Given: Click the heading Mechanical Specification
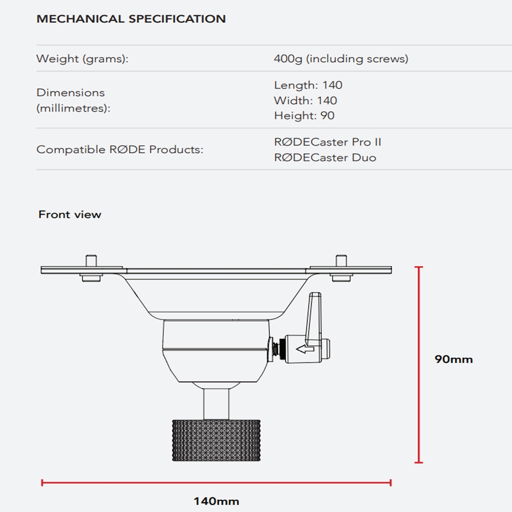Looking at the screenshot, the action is click(131, 19).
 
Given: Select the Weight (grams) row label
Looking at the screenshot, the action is click(82, 59).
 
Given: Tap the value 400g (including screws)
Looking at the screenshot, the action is click(341, 59).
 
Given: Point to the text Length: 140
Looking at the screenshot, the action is click(308, 85).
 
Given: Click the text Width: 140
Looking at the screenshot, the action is click(305, 100).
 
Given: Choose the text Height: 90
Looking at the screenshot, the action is click(304, 116).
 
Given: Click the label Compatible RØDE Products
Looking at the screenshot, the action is click(120, 150).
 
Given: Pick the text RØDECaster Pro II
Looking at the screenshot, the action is click(328, 142).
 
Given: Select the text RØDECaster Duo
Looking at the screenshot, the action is click(325, 157).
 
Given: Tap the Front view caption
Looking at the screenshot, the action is click(70, 215).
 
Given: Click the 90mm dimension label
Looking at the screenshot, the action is click(454, 359).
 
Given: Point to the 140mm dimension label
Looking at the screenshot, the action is click(216, 501).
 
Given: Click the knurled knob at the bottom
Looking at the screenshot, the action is click(216, 440).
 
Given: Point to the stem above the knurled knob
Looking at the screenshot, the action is click(216, 401).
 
